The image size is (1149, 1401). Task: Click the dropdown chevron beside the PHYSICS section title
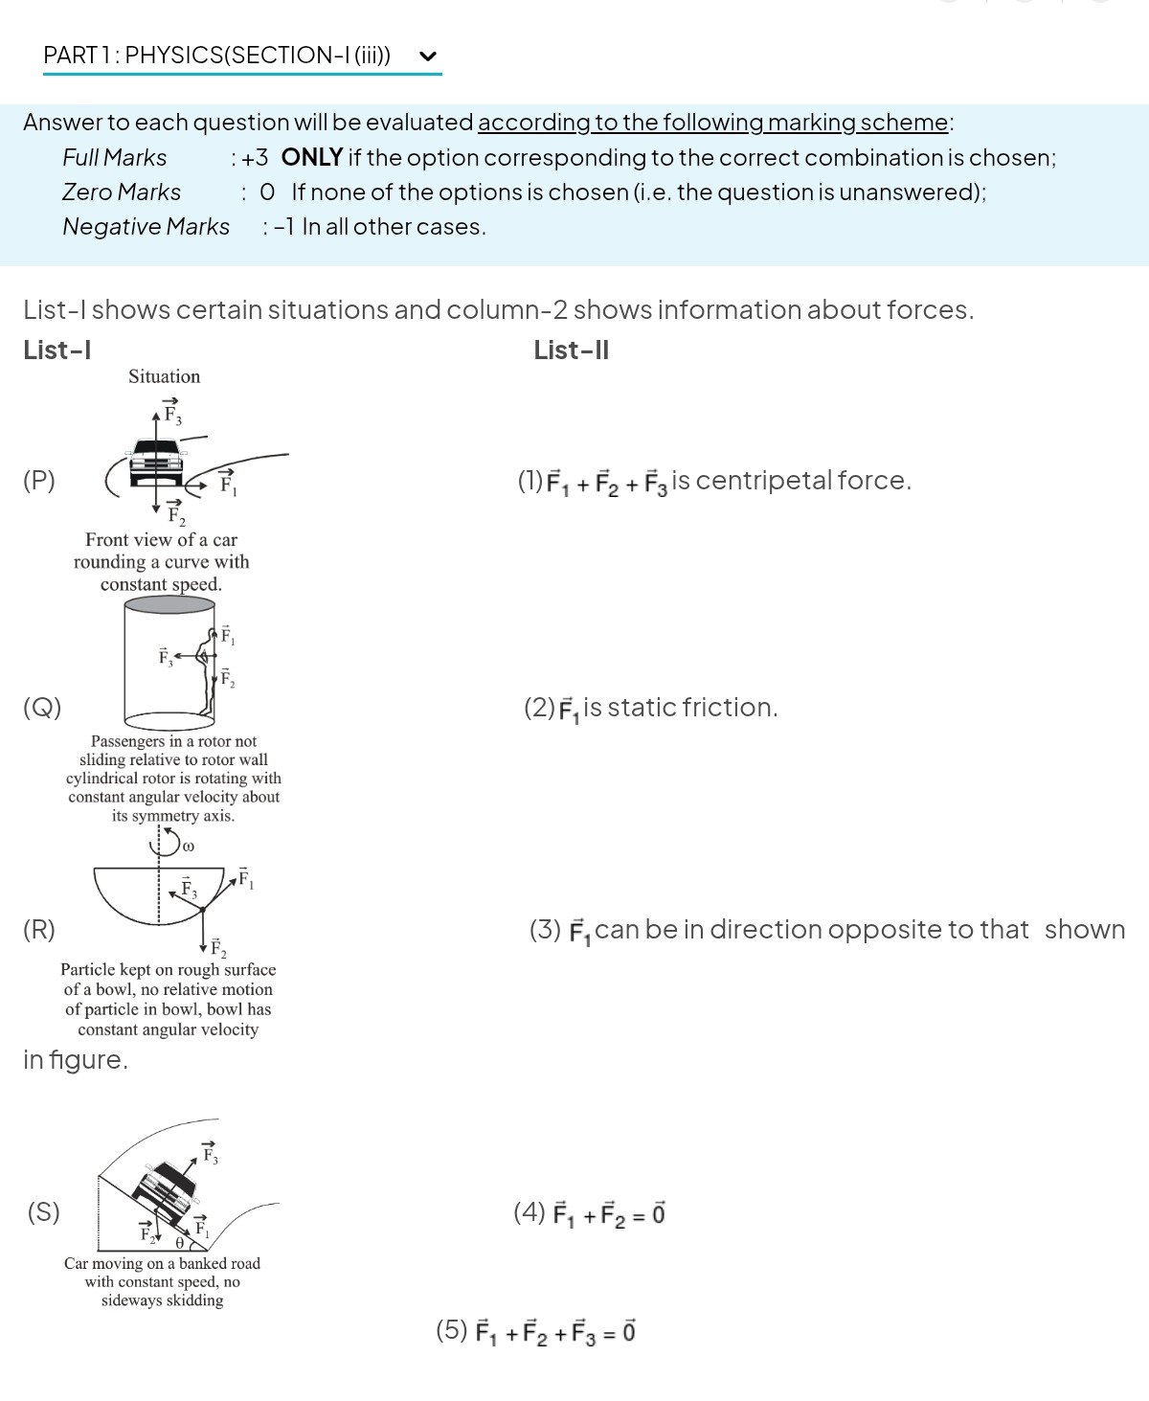(x=428, y=56)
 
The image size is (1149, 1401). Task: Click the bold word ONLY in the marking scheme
(x=312, y=157)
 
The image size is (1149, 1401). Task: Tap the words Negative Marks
(x=146, y=227)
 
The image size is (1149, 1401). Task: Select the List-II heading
(x=571, y=350)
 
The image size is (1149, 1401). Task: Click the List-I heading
(x=57, y=350)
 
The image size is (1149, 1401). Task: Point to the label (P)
(x=39, y=480)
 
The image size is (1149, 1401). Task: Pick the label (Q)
(x=42, y=708)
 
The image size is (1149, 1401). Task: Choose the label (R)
(x=39, y=930)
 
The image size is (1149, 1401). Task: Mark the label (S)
(x=44, y=1212)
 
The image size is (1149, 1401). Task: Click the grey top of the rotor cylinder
(x=169, y=604)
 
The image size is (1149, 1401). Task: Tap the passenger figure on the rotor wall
(x=206, y=670)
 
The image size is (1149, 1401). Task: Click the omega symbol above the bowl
(x=188, y=847)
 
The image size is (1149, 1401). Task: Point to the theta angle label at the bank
(x=180, y=1242)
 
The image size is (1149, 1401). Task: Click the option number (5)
(x=452, y=1330)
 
